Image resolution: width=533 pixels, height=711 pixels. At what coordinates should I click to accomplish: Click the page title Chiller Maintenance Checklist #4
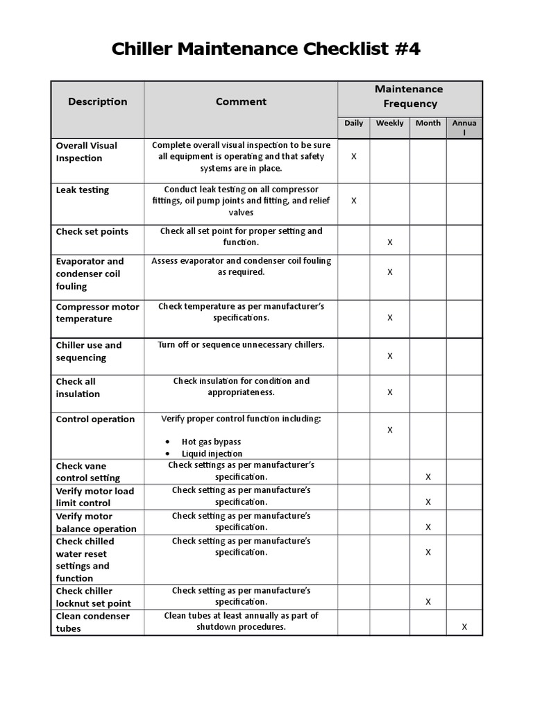(266, 50)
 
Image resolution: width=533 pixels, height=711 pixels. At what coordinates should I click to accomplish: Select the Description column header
(98, 101)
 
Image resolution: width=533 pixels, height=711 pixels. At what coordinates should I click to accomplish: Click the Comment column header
(241, 101)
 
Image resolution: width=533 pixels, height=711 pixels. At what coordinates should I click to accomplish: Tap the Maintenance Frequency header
(409, 97)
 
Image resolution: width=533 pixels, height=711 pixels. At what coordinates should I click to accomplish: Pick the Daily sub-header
(353, 123)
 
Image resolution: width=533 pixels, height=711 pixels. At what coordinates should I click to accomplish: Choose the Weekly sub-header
(389, 123)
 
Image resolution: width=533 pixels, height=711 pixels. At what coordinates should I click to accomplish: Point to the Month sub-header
(428, 123)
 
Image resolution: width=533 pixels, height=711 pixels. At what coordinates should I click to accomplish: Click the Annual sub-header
(464, 127)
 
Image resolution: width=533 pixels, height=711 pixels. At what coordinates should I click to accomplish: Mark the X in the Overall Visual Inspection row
(354, 157)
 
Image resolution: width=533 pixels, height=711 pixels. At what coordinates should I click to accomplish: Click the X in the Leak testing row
(354, 201)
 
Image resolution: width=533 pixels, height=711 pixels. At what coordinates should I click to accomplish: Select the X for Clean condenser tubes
(464, 627)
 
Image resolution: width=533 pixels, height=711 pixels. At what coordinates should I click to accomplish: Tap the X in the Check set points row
(390, 242)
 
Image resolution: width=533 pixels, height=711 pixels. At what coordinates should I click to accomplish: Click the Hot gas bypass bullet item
(211, 442)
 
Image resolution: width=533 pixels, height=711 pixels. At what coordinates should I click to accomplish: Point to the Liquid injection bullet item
(212, 453)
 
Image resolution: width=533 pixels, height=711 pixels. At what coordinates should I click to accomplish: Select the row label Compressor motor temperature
(97, 313)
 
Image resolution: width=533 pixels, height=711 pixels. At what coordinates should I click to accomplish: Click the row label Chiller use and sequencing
(89, 351)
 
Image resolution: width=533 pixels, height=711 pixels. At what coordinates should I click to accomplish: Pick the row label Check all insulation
(78, 387)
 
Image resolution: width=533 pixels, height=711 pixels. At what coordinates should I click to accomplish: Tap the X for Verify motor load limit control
(428, 502)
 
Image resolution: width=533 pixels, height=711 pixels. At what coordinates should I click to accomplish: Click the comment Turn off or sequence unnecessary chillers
(241, 345)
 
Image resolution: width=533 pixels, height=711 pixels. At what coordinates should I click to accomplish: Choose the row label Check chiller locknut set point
(93, 597)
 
